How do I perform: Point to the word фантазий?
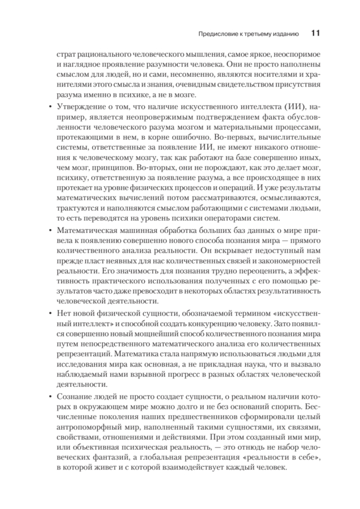[106, 458]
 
